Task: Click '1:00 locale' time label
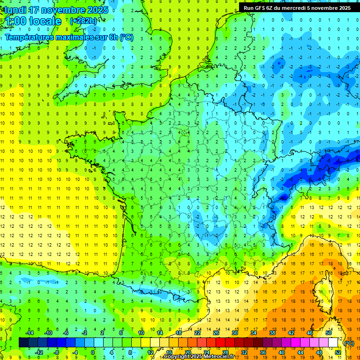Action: [33, 21]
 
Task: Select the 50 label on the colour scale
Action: [329, 333]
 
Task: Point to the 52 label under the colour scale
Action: [338, 352]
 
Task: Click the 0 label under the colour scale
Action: [93, 352]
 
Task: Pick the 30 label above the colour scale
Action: [234, 333]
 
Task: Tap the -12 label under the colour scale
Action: [39, 352]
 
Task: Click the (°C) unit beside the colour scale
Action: [349, 343]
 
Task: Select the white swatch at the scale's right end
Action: [333, 343]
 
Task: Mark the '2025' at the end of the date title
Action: [97, 9]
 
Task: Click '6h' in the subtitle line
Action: [112, 37]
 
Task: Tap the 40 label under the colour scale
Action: [281, 352]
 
